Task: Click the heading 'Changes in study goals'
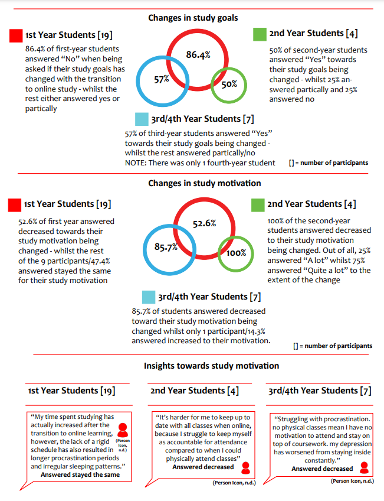click(x=193, y=18)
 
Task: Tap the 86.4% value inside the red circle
click(x=198, y=55)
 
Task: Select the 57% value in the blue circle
click(x=162, y=79)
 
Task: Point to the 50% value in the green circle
click(x=229, y=84)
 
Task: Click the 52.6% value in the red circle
click(x=204, y=223)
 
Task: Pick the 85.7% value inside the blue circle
click(x=166, y=247)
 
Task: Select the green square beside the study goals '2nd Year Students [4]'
click(x=260, y=34)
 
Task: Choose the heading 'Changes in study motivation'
click(x=205, y=183)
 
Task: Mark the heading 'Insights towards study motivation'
click(x=203, y=366)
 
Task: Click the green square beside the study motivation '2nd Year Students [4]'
click(x=257, y=204)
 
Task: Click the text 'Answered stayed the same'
click(x=80, y=474)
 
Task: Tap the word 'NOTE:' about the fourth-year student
click(x=136, y=162)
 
